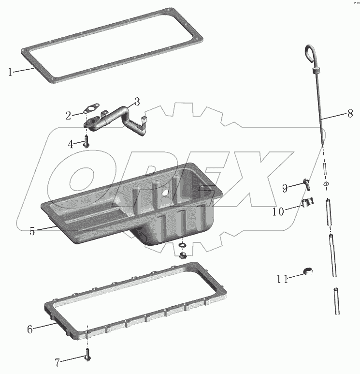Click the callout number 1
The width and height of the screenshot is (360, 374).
(10, 72)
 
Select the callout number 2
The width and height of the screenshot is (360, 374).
(69, 116)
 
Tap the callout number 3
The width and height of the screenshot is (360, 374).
(137, 102)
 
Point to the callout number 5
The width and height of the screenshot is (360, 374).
(32, 231)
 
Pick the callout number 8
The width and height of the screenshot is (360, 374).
(350, 113)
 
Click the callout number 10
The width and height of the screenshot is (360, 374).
(278, 211)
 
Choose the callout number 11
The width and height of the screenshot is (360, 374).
(282, 279)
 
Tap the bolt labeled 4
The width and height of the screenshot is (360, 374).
(86, 141)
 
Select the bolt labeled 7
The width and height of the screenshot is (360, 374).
(87, 355)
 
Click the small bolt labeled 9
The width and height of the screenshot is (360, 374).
(306, 185)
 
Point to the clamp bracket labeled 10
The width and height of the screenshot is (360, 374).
(308, 203)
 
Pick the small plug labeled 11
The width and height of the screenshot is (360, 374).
(308, 271)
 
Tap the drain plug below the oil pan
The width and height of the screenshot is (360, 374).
(182, 255)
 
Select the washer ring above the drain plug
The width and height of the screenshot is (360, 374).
(182, 245)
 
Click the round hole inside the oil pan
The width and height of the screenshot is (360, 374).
(165, 194)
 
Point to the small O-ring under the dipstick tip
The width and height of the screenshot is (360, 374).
(326, 184)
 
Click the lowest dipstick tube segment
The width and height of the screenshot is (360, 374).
(336, 301)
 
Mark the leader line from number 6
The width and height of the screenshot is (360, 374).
(44, 326)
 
